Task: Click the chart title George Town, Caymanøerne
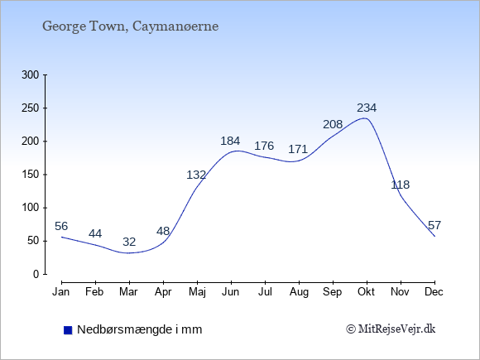131,26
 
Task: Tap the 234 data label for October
367,108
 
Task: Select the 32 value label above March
129,242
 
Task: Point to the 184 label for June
231,141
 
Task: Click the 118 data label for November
401,185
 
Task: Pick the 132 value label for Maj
196,175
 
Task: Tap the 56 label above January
61,226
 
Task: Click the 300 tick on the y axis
31,74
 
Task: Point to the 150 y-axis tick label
31,175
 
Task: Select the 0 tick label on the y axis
36,274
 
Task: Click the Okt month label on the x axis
367,292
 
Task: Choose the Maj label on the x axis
197,292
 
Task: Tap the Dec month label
434,292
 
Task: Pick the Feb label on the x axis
94,292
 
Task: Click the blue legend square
68,330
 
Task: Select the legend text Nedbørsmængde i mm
140,329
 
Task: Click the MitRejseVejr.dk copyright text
391,329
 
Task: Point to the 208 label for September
333,124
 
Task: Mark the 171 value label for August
298,149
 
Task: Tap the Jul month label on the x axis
265,292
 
